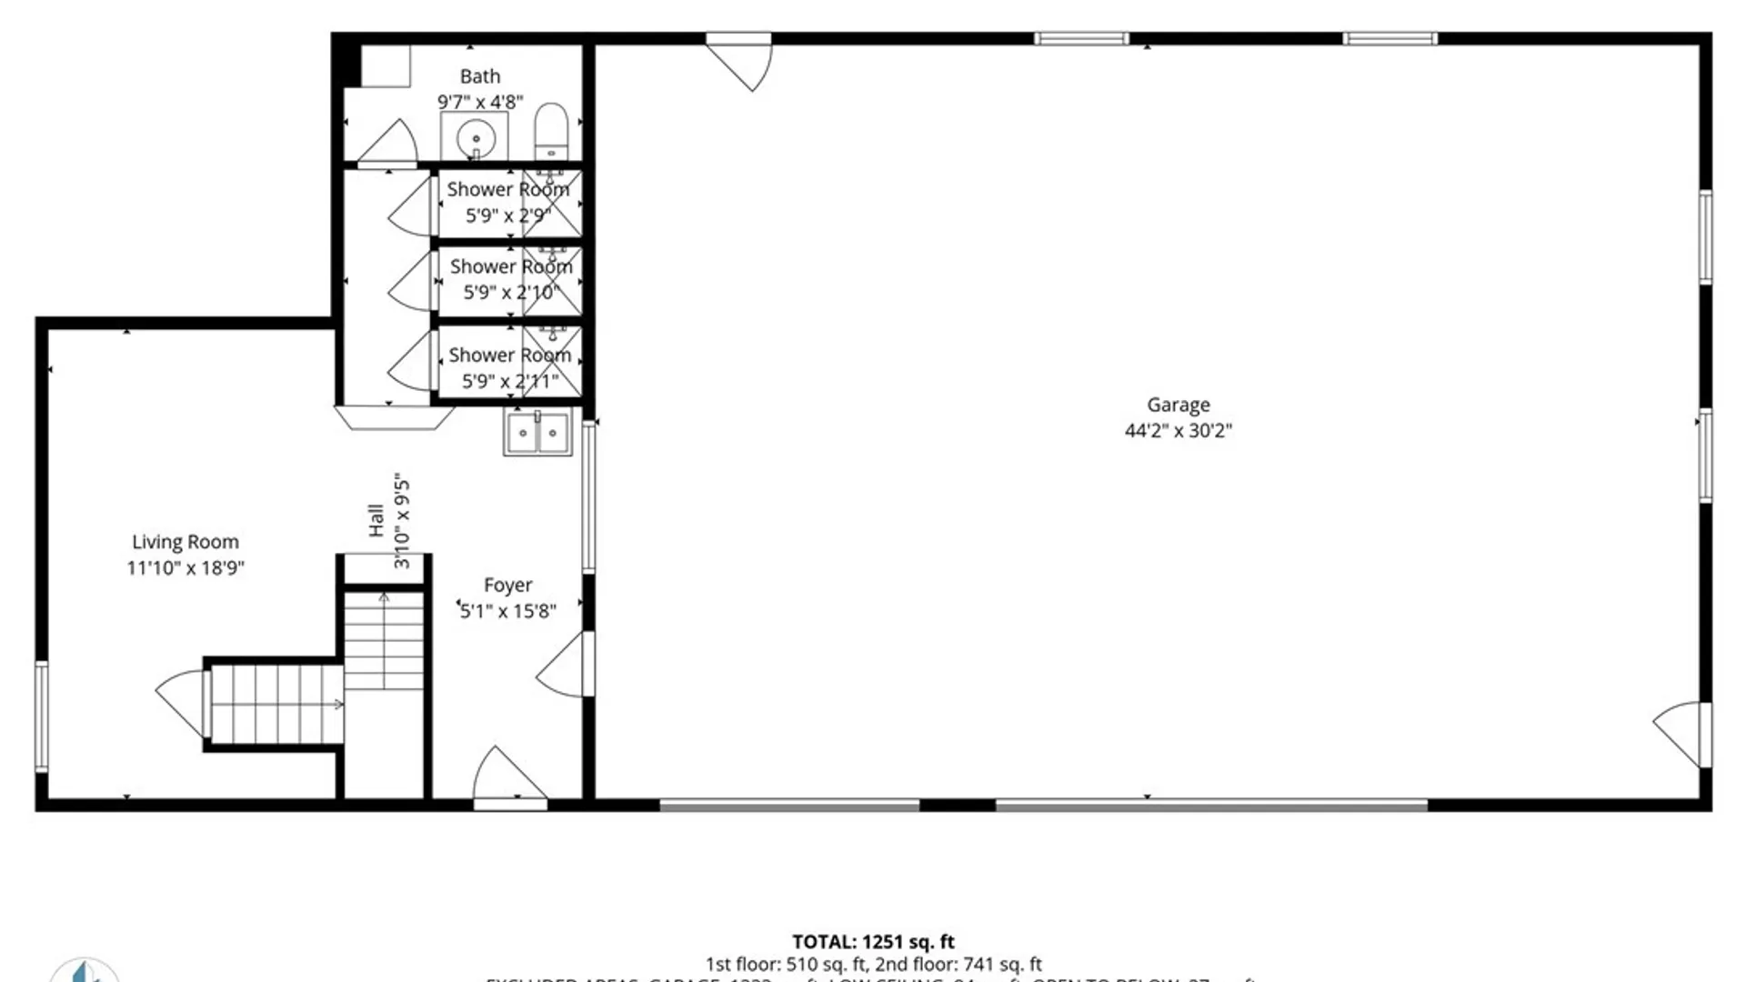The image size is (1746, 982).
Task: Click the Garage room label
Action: (1178, 405)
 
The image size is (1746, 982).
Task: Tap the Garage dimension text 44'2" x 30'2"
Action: (1178, 431)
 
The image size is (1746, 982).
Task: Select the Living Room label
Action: (186, 542)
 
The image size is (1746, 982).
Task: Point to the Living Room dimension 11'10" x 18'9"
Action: (186, 568)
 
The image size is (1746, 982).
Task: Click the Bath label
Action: (479, 76)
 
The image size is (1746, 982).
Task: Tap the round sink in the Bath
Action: (475, 139)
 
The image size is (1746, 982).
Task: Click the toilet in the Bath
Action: (550, 132)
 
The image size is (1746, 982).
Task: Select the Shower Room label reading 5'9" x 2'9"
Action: (507, 202)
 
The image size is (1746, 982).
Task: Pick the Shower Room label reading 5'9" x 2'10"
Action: (510, 279)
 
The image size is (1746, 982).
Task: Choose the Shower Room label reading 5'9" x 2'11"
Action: (509, 367)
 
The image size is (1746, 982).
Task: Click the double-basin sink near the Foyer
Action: (537, 432)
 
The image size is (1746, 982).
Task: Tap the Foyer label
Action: (507, 586)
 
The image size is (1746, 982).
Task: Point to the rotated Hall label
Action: (376, 521)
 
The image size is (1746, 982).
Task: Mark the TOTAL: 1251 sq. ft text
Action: (873, 942)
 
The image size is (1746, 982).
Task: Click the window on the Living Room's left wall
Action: (41, 716)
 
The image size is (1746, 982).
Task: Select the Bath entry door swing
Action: (389, 144)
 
